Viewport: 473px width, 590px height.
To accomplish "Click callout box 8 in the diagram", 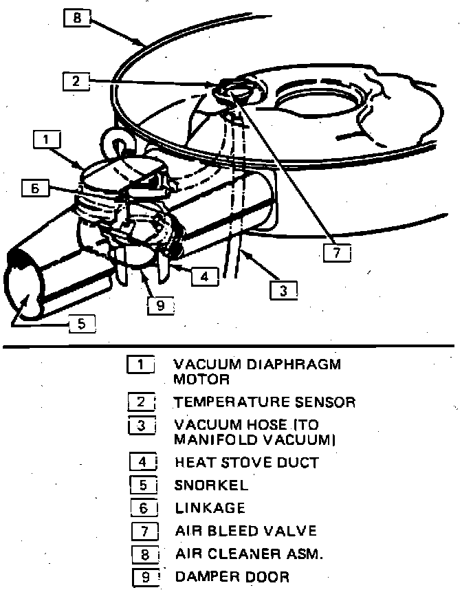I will pos(77,17).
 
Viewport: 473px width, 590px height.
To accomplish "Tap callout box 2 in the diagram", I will pos(76,81).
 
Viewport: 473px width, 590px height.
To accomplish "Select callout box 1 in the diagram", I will pos(46,140).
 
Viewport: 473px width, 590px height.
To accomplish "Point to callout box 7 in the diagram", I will pos(336,252).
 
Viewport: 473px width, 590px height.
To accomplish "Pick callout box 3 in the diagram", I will pos(283,290).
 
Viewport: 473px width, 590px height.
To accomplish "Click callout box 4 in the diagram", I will pos(205,276).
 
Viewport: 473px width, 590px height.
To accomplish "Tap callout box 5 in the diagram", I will pos(82,323).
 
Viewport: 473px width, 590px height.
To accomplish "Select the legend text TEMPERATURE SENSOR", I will pos(264,402).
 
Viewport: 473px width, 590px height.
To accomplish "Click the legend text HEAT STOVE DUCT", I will pos(246,462).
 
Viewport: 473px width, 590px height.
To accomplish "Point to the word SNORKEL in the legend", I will pos(211,485).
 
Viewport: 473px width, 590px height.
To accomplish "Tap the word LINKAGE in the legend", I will pos(210,508).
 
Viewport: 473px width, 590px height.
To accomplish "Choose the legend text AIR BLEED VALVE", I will pos(245,531).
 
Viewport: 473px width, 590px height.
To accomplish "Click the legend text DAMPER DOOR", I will pos(232,576).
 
